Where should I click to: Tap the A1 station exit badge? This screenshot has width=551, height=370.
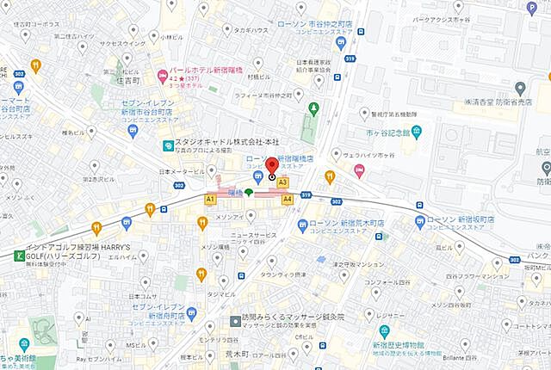209,199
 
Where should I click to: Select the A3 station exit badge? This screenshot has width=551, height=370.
282,182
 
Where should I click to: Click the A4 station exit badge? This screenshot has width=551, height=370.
288,199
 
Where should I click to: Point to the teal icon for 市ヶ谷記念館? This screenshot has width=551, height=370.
416,132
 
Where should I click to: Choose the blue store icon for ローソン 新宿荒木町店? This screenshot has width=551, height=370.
301,225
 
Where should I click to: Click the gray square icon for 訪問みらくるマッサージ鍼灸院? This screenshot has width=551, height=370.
235,321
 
